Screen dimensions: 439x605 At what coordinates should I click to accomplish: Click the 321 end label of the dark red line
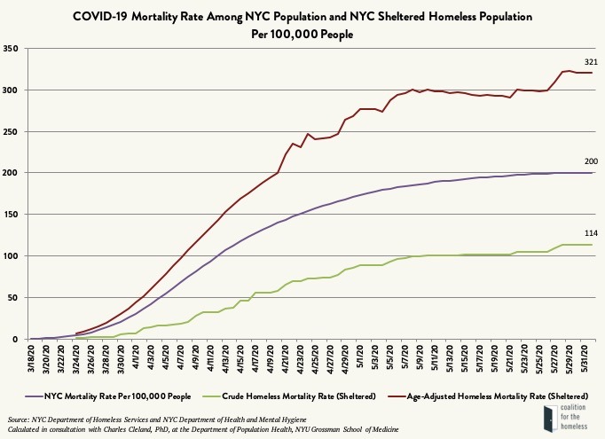click(x=589, y=61)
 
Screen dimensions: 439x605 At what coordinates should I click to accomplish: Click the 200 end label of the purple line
click(x=589, y=161)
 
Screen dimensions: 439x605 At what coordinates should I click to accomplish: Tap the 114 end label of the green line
click(x=589, y=233)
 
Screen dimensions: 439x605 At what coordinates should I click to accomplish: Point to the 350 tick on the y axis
click(x=12, y=48)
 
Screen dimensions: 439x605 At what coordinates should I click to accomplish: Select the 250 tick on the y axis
click(x=12, y=131)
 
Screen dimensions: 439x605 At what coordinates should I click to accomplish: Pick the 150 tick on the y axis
click(x=12, y=215)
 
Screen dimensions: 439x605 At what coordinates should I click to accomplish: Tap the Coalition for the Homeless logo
click(x=569, y=419)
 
